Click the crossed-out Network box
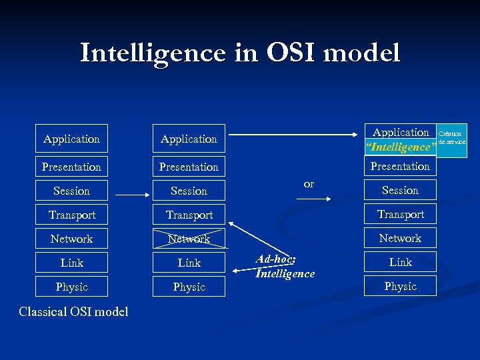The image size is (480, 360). click(189, 239)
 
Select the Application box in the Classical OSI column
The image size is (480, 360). click(71, 139)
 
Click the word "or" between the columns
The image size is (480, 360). click(309, 184)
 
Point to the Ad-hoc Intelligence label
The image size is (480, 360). click(285, 267)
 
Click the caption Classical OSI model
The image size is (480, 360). click(73, 311)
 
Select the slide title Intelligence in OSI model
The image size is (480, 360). click(240, 53)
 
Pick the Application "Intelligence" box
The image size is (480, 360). click(400, 139)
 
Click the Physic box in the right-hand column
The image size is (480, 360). click(400, 286)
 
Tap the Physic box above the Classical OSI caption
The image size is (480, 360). click(71, 287)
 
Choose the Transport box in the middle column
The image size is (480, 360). click(189, 215)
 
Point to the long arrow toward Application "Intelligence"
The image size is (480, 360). click(293, 135)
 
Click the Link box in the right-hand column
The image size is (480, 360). click(400, 262)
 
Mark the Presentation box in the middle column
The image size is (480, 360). click(189, 167)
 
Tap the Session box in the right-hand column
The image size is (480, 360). click(400, 190)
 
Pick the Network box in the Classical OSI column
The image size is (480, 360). click(71, 239)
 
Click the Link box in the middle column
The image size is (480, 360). click(189, 263)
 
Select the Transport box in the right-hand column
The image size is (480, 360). click(400, 214)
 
